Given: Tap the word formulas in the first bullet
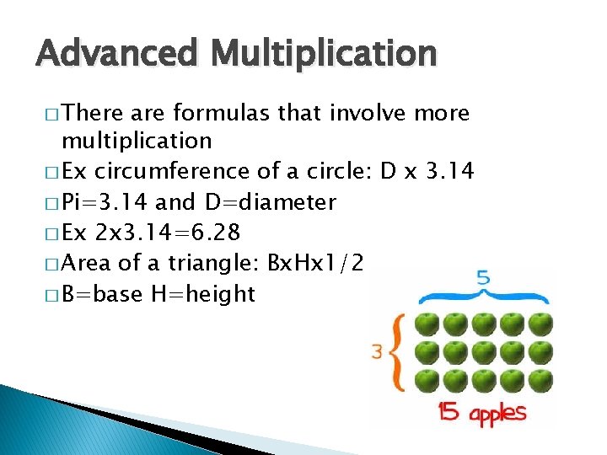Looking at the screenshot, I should click(x=212, y=113).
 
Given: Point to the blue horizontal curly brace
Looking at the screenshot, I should click(x=486, y=297).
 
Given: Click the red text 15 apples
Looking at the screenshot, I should click(x=481, y=414).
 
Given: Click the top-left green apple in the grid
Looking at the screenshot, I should click(x=428, y=324).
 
